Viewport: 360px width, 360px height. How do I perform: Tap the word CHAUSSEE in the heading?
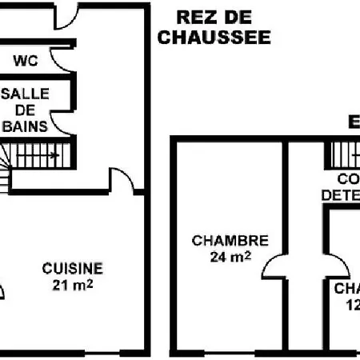pos(214,37)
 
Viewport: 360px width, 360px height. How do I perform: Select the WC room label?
pos(26,60)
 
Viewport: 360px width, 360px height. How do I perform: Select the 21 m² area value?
pos(72,285)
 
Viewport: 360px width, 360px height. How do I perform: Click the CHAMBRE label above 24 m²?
pos(230,240)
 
